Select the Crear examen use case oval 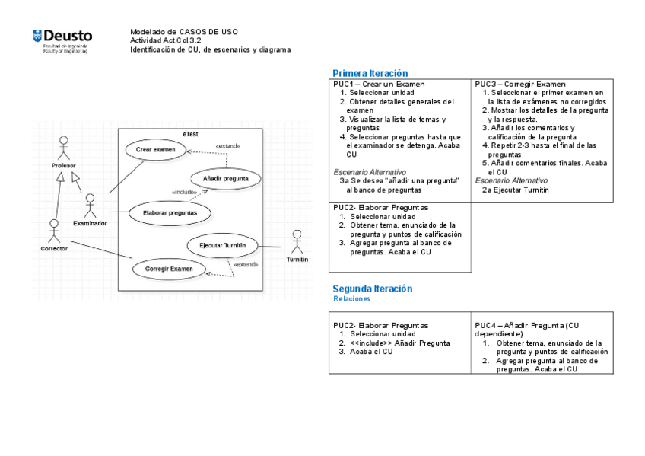155,150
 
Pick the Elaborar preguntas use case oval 170,213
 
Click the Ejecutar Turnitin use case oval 222,245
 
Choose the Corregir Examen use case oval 169,269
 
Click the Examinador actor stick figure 90,206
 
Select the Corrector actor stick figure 54,231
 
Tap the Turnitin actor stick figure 297,241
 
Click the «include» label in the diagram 185,193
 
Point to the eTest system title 190,134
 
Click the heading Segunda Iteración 373,289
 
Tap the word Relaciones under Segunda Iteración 351,299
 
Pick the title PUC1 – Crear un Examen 379,84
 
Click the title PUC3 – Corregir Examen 520,84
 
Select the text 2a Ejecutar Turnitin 515,190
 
